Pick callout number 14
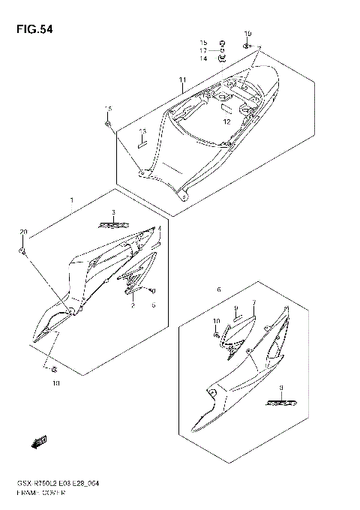[x=202, y=58]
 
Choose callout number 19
[x=248, y=34]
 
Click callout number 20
[x=23, y=231]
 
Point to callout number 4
[x=159, y=229]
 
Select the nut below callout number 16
[x=109, y=122]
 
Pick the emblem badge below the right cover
[x=273, y=403]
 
